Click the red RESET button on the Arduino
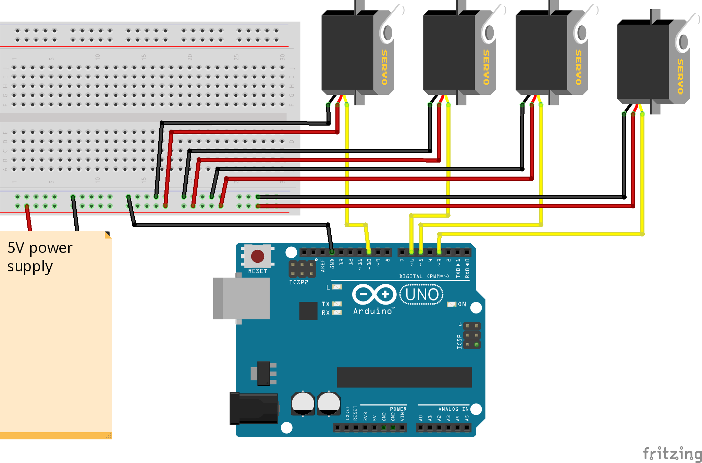(x=257, y=256)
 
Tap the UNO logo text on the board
(x=422, y=295)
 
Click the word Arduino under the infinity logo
(x=373, y=311)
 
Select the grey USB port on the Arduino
(x=241, y=298)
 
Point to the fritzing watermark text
(x=672, y=454)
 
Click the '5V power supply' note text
(x=40, y=257)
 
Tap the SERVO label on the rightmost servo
(x=680, y=76)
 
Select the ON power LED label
(x=462, y=304)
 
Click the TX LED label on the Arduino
(x=325, y=304)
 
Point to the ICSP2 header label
(x=298, y=282)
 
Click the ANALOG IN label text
(x=453, y=409)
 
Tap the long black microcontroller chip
(x=404, y=377)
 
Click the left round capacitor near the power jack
(x=303, y=403)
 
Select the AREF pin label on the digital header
(x=322, y=266)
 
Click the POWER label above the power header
(x=398, y=409)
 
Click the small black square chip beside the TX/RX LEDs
(x=308, y=311)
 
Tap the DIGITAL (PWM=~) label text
(x=424, y=276)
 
